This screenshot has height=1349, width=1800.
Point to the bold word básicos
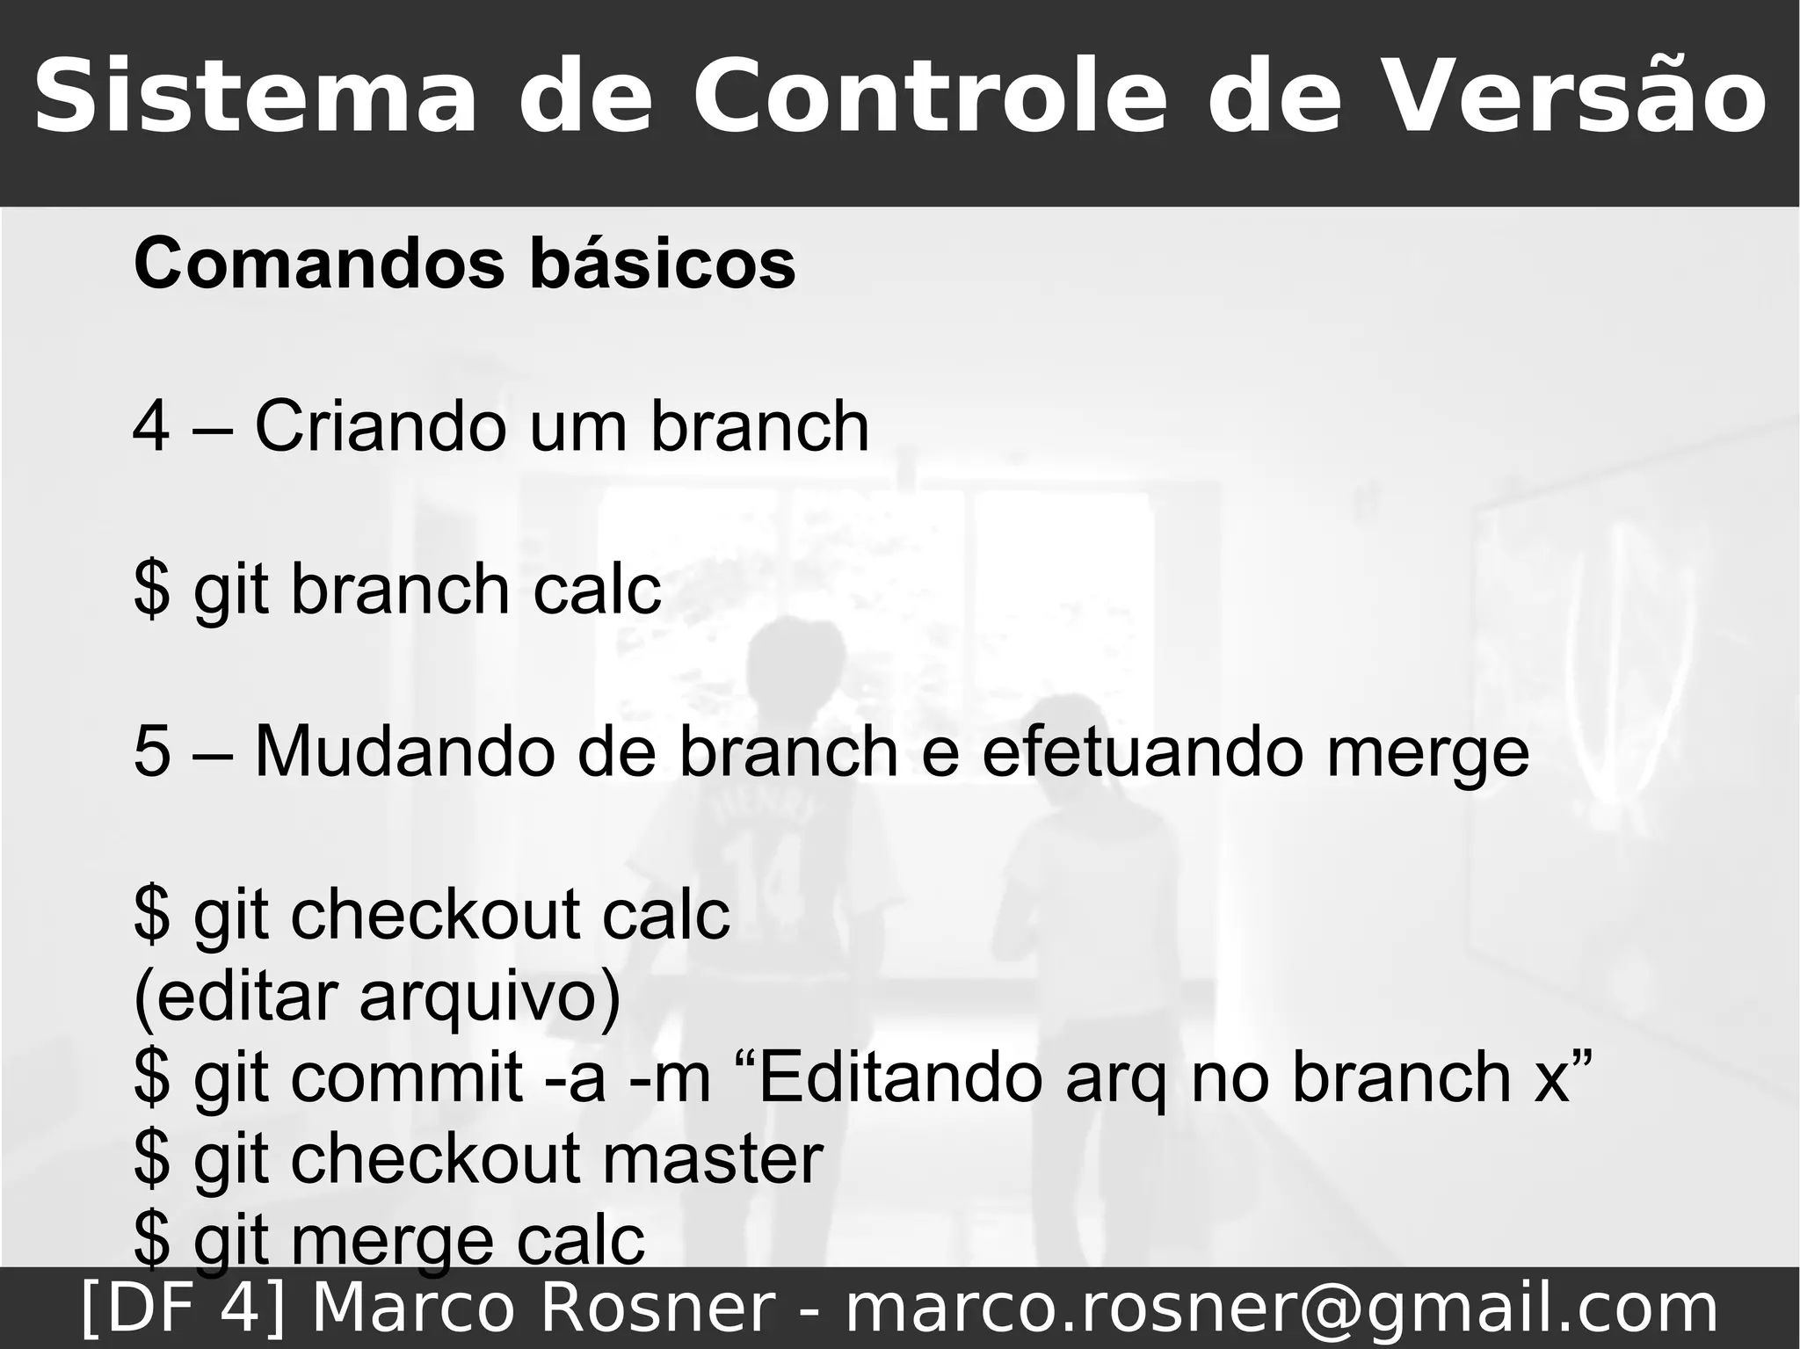(x=663, y=263)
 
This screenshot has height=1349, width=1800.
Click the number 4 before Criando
(x=151, y=426)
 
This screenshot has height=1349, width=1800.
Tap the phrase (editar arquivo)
(x=376, y=998)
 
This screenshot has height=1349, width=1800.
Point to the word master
(x=712, y=1158)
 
